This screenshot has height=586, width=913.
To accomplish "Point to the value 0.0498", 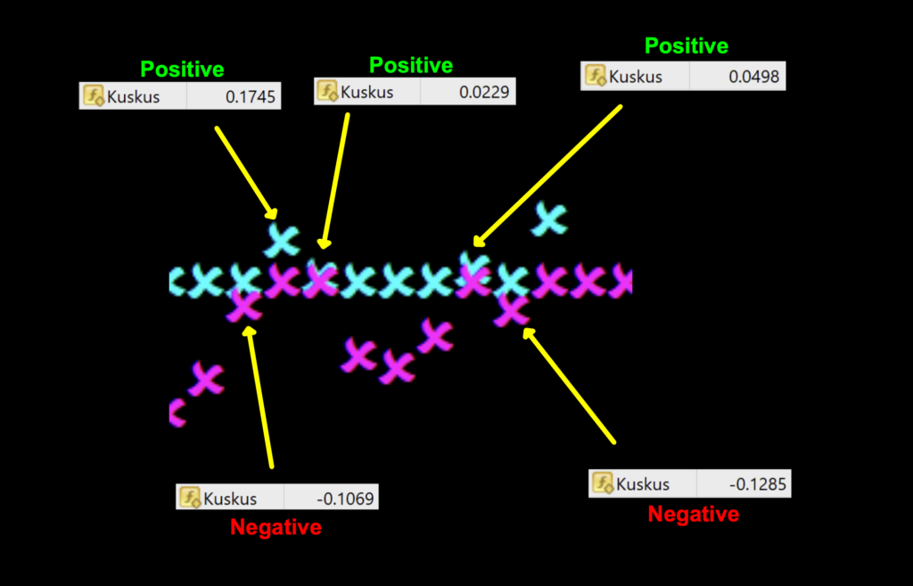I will (753, 77).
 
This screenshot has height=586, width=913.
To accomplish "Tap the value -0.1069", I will (350, 499).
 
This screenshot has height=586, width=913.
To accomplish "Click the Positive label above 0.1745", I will (182, 70).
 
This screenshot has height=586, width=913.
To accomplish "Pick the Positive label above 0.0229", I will (411, 65).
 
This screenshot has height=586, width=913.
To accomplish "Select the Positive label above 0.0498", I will (687, 46).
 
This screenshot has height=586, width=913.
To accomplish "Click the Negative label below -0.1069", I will (276, 527).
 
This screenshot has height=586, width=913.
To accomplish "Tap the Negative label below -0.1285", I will (693, 514).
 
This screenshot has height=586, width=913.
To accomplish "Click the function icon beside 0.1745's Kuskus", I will (93, 96).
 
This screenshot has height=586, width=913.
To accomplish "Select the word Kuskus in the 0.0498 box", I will (636, 77).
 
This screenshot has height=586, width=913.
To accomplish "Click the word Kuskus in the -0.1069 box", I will (230, 499).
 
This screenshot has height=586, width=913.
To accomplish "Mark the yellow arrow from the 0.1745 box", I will (244, 171).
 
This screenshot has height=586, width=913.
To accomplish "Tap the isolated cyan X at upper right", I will (549, 219).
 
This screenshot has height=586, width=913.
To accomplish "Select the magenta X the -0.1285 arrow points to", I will (511, 310).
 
